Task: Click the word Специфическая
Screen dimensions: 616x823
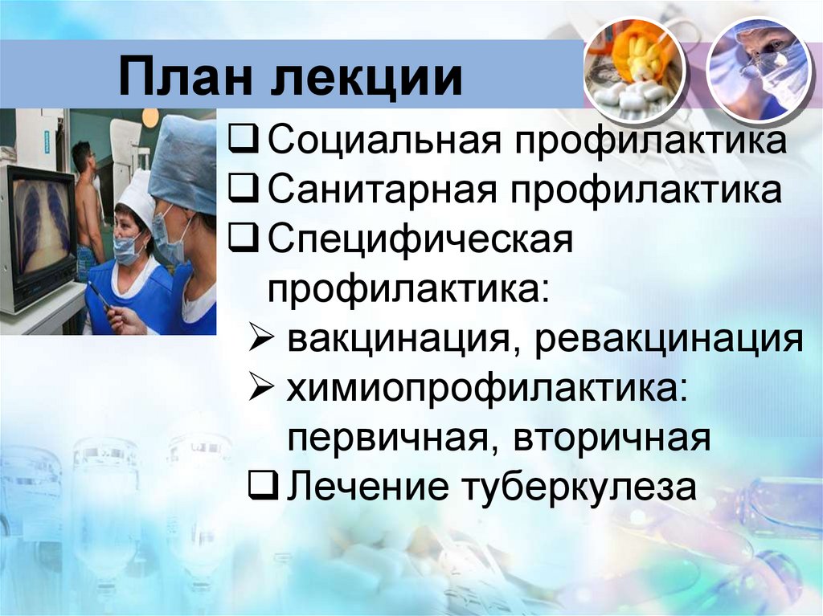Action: coord(420,240)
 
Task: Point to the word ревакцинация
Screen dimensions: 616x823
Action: coord(670,340)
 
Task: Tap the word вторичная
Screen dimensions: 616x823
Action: coord(612,439)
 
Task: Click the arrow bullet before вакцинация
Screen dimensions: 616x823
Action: coord(264,340)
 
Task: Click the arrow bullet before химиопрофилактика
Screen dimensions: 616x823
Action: coord(264,390)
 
